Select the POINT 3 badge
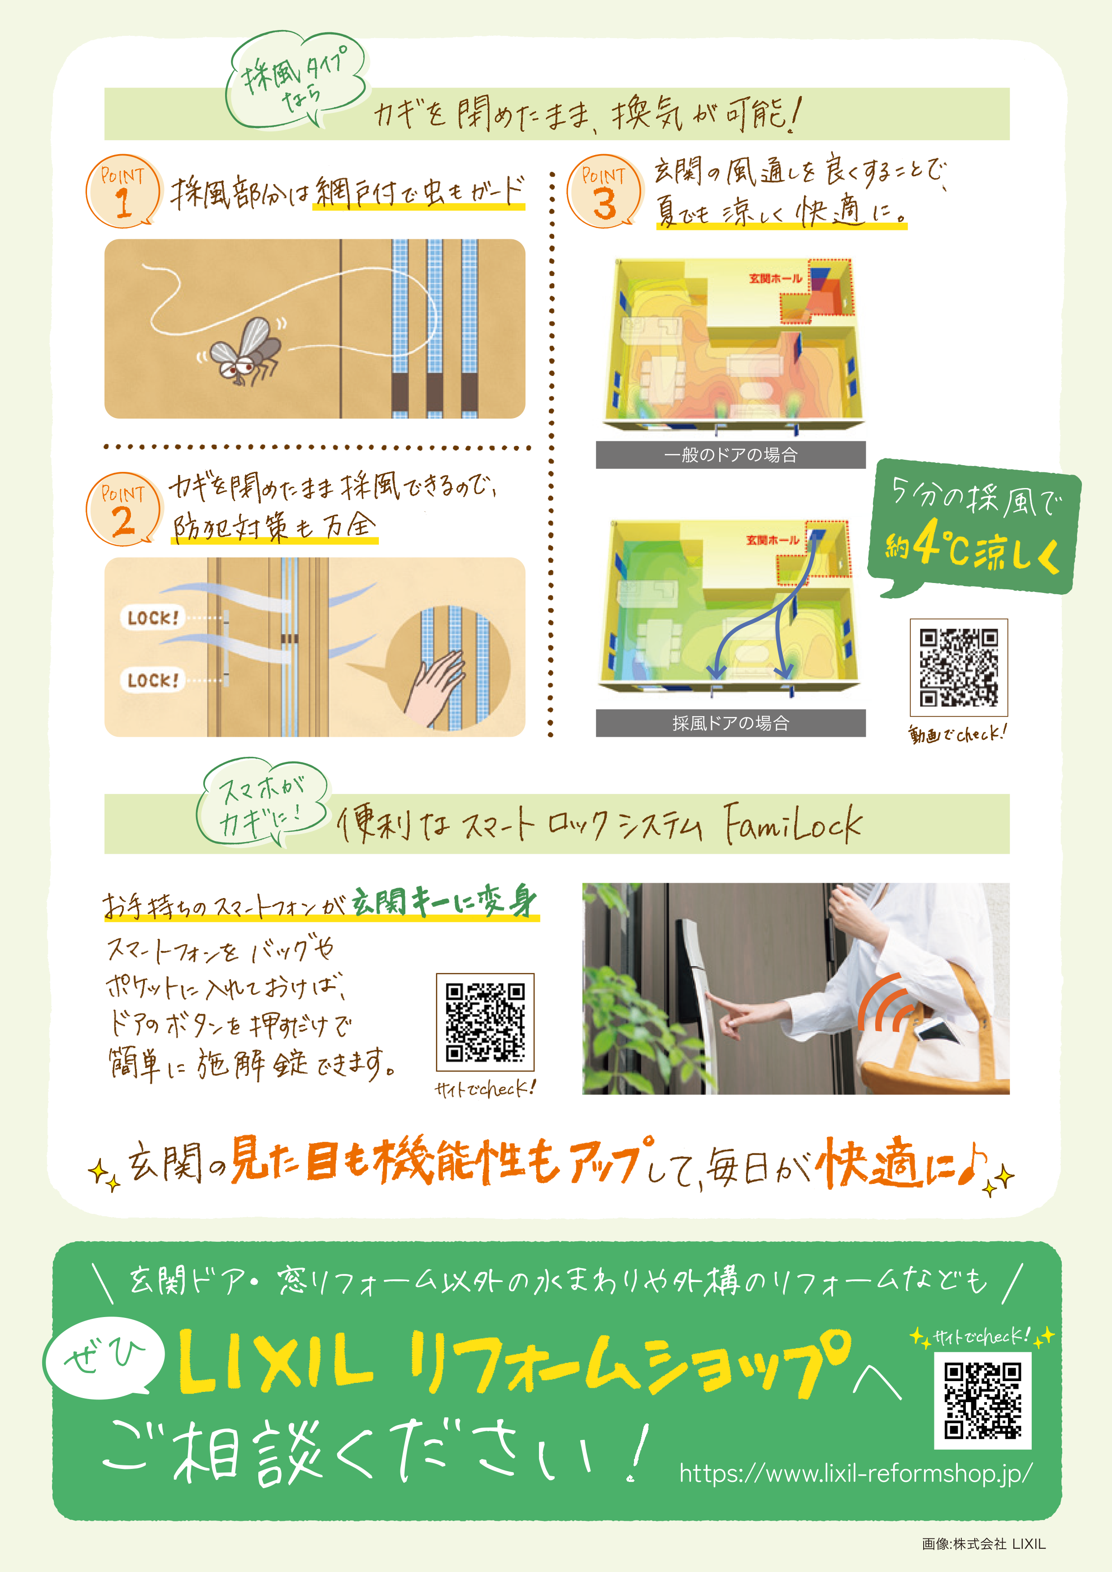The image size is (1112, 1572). pyautogui.click(x=604, y=191)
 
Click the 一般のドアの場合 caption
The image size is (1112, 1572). pyautogui.click(x=730, y=455)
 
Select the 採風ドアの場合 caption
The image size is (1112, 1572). pyautogui.click(x=730, y=723)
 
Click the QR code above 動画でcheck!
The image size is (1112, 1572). pyautogui.click(x=959, y=668)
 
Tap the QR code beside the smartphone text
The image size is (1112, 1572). pyautogui.click(x=485, y=1022)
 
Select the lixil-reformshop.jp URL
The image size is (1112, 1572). pyautogui.click(x=855, y=1473)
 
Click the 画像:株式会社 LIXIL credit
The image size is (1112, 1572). pyautogui.click(x=983, y=1544)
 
